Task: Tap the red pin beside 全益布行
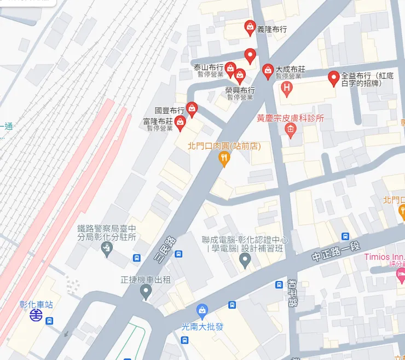[x=333, y=78]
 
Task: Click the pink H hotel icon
[x=285, y=87]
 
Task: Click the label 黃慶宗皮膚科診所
[x=291, y=118]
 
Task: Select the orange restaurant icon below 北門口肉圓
[x=223, y=159]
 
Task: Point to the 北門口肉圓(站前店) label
[x=223, y=146]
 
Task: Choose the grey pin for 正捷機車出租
[x=146, y=291]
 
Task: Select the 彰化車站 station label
[x=36, y=304]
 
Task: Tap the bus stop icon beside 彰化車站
[x=50, y=321]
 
